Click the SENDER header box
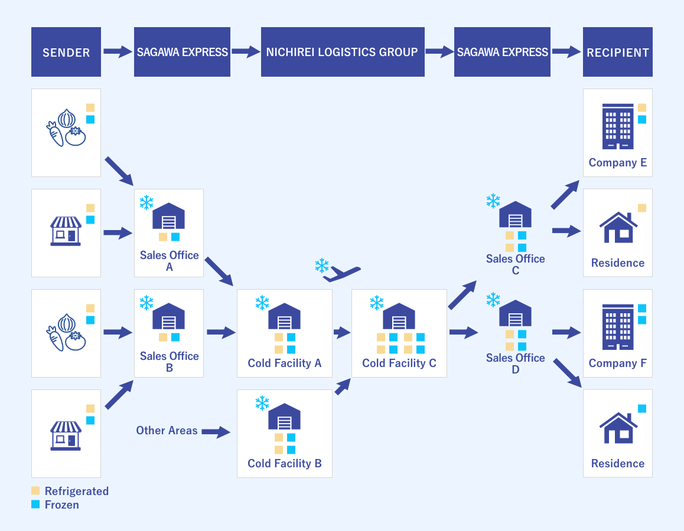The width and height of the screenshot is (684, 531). tap(66, 52)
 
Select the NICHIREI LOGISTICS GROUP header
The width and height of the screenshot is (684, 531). tap(342, 52)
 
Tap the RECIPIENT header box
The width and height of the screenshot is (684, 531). tap(617, 52)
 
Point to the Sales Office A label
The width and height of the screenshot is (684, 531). tap(169, 261)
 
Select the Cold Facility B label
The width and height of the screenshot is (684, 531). tap(284, 463)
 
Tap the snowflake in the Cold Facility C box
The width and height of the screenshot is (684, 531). tap(377, 303)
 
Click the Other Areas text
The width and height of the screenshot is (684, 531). tap(167, 430)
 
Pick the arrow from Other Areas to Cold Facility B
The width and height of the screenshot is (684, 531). tap(216, 432)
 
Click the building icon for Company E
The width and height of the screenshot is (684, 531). tap(618, 126)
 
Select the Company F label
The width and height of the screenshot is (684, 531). tap(617, 363)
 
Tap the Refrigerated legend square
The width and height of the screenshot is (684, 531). tap(35, 491)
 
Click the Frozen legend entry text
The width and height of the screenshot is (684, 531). tap(61, 505)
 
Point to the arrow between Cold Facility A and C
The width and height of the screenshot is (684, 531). tap(342, 333)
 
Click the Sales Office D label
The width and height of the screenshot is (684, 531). tap(515, 363)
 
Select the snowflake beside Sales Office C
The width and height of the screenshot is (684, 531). tap(493, 201)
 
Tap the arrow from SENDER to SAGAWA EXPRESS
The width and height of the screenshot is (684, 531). tap(118, 52)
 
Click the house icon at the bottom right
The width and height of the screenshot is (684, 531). tap(618, 428)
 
